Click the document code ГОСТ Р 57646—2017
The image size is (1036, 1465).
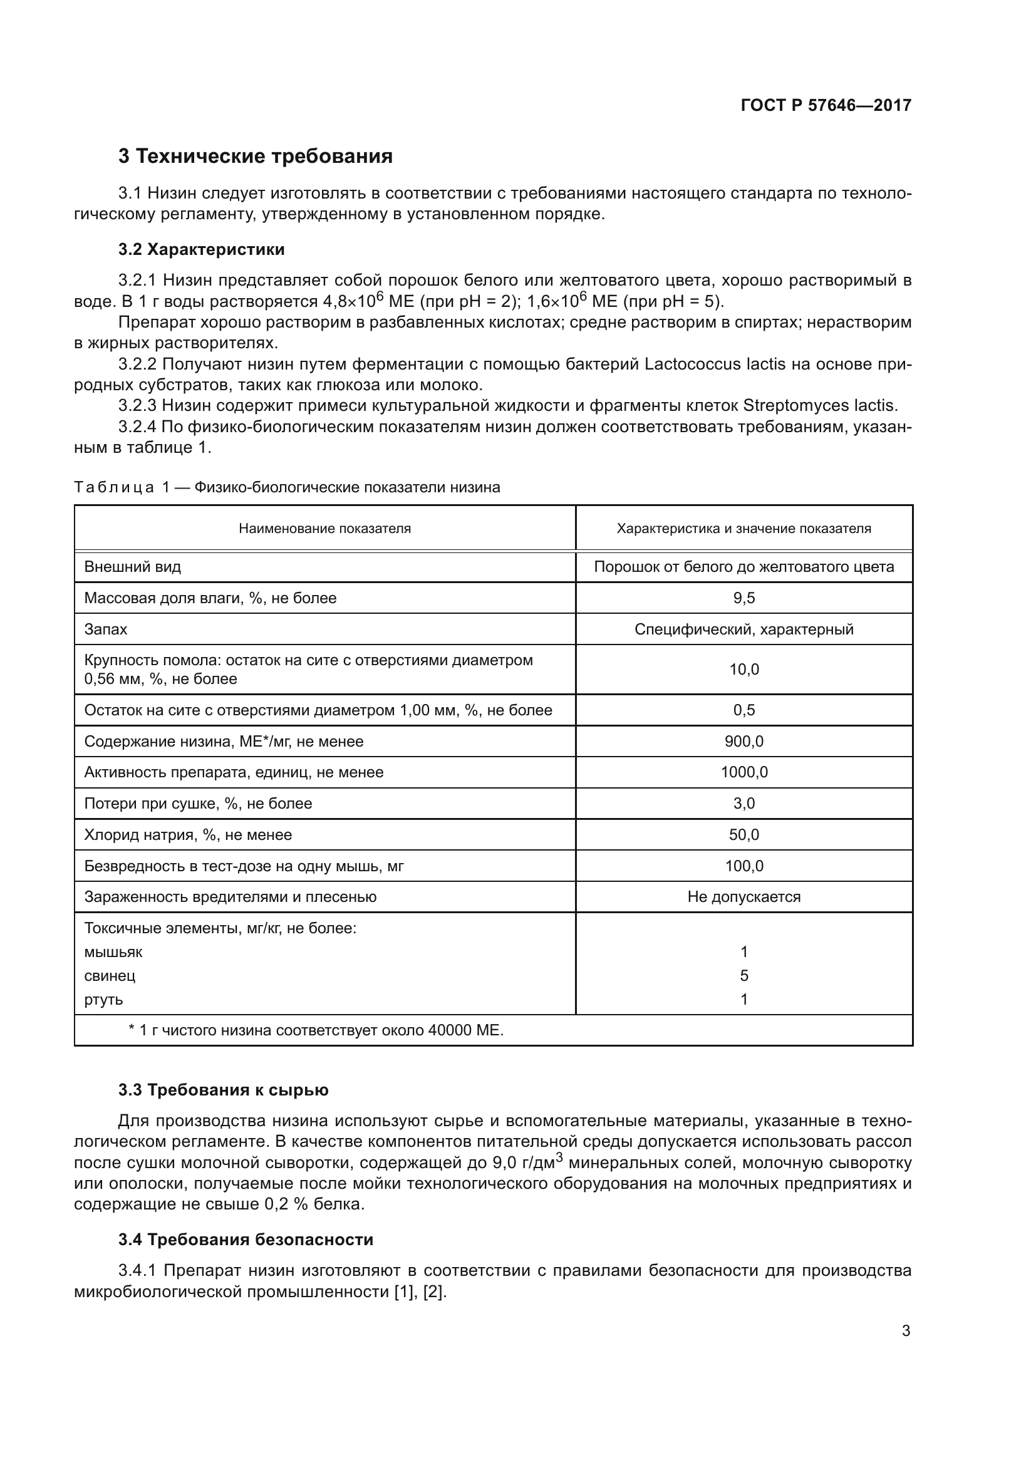tap(826, 105)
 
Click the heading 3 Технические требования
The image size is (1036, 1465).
tap(255, 157)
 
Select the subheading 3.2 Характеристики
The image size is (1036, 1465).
tap(202, 249)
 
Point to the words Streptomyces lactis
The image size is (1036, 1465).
tap(821, 405)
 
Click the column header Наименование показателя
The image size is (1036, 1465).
tap(324, 529)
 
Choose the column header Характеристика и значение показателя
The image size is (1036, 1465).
tap(744, 529)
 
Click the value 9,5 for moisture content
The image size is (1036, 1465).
tap(744, 599)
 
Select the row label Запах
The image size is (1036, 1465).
tap(106, 629)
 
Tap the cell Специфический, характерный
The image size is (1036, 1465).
tap(744, 629)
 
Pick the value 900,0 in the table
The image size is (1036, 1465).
tap(744, 742)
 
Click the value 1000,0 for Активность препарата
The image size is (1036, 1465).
tap(744, 773)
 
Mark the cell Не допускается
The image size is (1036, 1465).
tap(744, 897)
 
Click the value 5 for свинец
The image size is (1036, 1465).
tap(744, 976)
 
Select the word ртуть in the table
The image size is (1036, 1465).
tap(103, 1000)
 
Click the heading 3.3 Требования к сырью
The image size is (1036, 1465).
tap(223, 1090)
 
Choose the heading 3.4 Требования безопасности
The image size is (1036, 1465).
tap(246, 1240)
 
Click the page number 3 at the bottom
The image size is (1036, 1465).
tap(906, 1331)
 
